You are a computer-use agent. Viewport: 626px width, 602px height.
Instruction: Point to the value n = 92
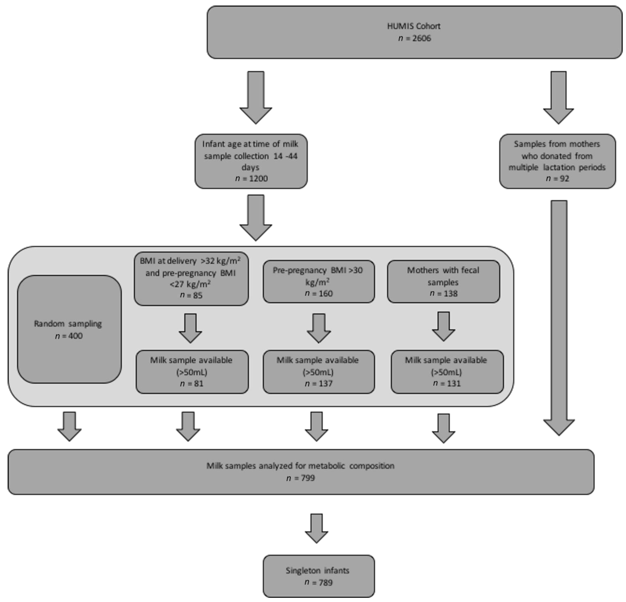[557, 178]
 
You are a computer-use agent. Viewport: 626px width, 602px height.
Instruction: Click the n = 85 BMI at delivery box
[191, 279]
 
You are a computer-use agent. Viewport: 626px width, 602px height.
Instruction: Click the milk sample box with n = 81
[192, 372]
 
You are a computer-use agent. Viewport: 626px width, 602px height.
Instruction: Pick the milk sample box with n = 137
[318, 372]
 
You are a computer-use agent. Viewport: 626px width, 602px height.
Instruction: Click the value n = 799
[301, 478]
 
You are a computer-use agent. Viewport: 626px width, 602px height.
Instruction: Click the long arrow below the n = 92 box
[559, 316]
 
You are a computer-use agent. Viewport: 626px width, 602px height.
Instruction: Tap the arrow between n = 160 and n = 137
[318, 328]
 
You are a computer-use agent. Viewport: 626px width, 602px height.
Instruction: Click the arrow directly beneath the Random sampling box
[69, 426]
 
